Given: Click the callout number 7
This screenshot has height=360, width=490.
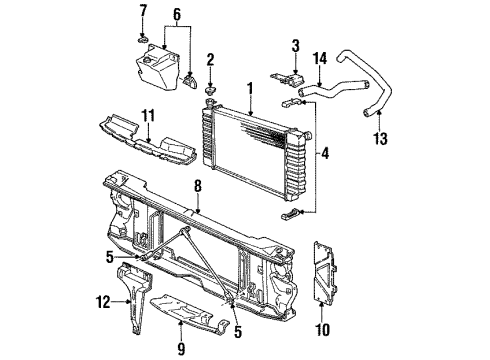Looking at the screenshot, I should pyautogui.click(x=142, y=11).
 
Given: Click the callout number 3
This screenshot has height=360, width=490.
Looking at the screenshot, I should pyautogui.click(x=295, y=44).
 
